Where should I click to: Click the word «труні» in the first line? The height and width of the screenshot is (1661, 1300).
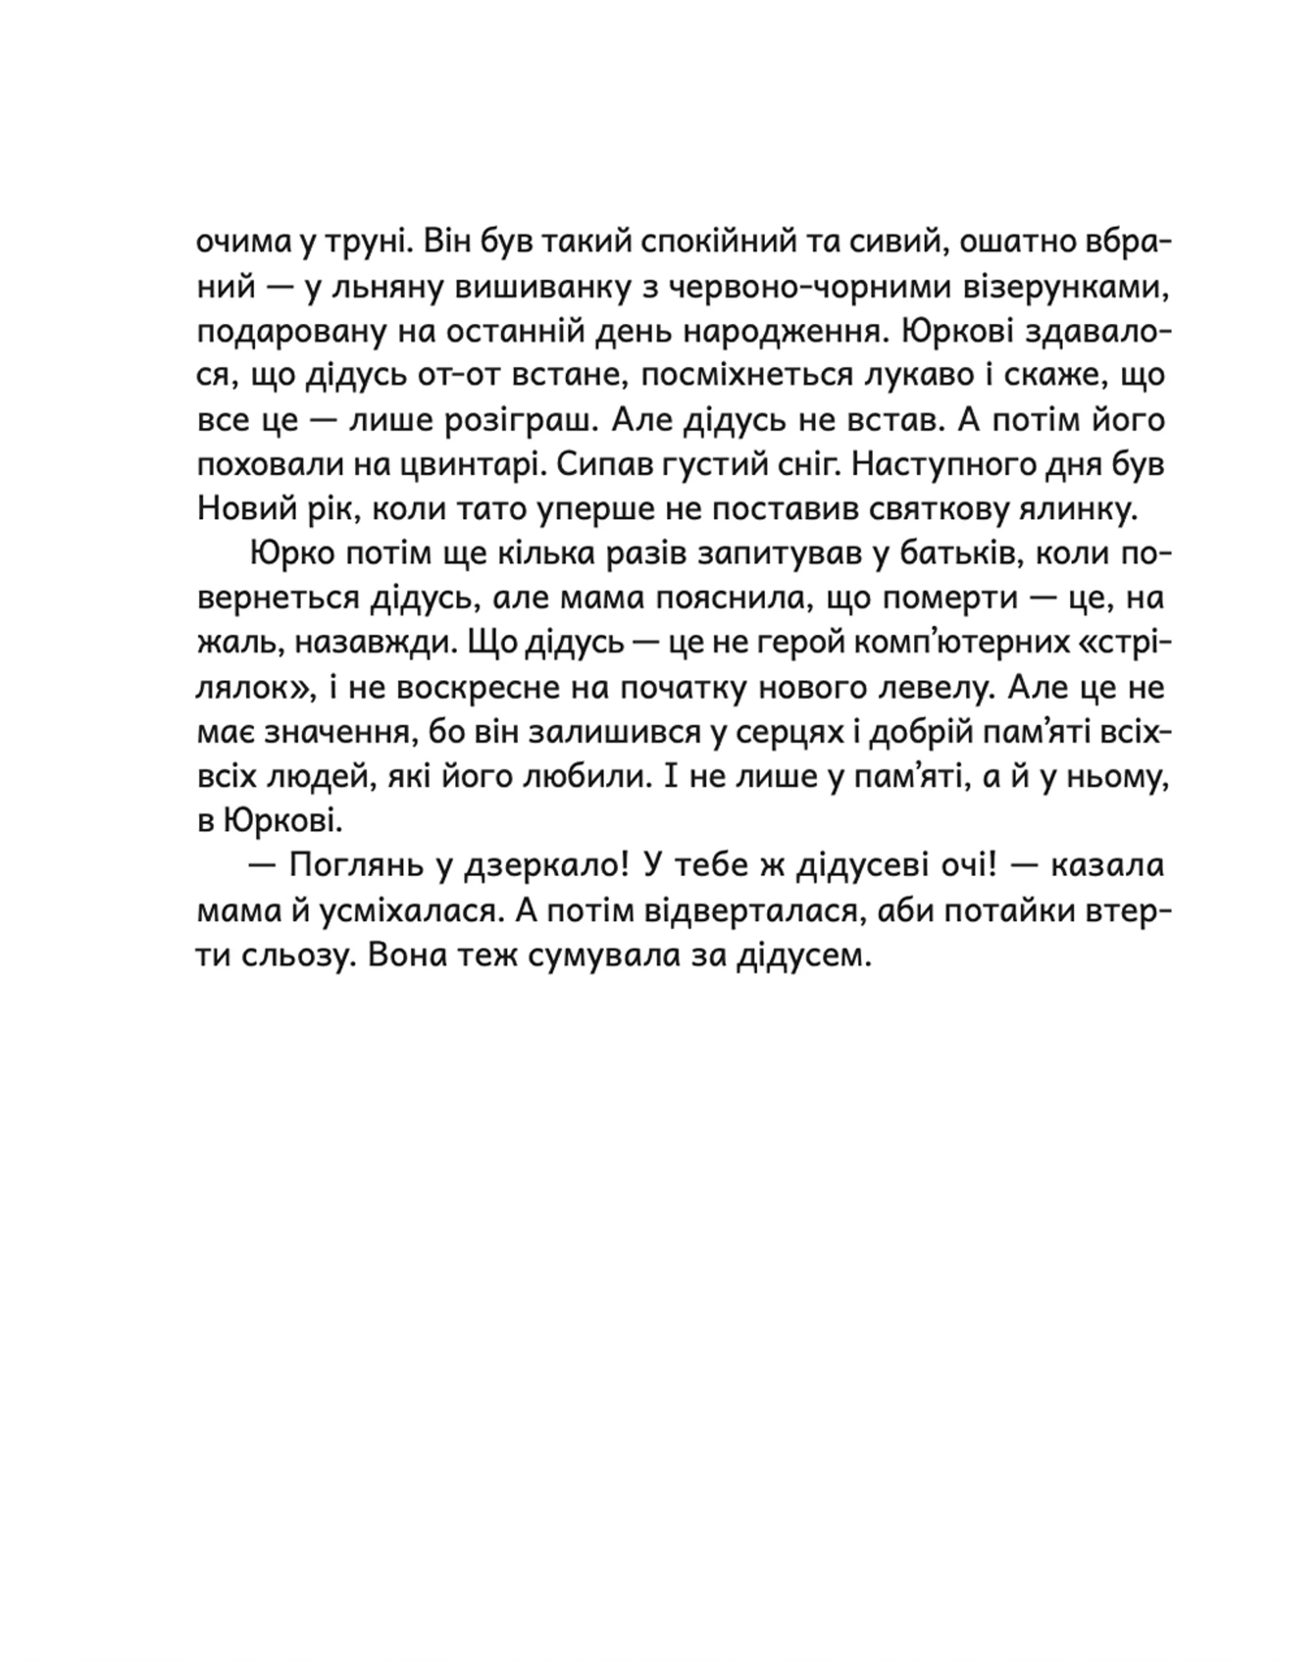point(367,243)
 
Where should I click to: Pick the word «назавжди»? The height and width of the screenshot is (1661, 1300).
point(373,643)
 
